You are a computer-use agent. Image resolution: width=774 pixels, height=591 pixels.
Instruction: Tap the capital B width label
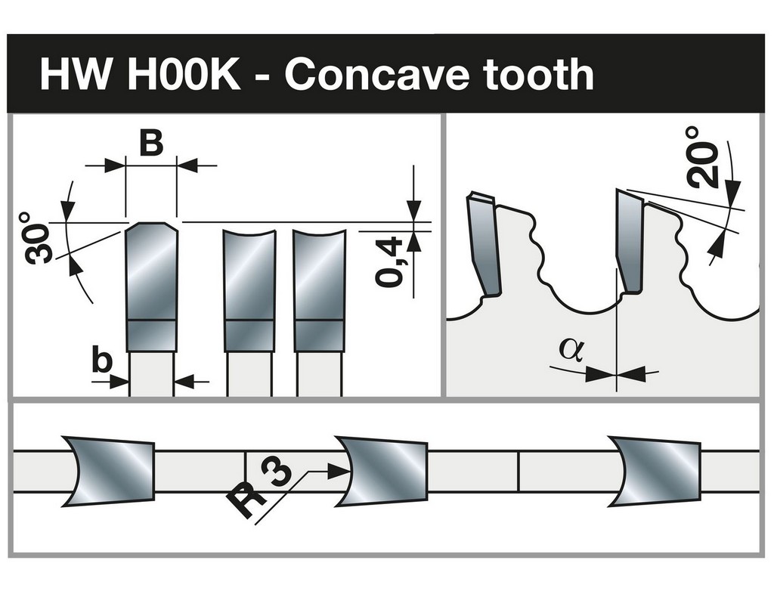(x=150, y=144)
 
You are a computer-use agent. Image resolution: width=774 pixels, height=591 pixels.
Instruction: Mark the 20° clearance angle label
(x=701, y=158)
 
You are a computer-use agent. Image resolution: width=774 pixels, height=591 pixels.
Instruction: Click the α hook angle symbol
(x=571, y=348)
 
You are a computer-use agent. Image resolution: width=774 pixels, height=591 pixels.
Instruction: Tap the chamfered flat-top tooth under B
(x=151, y=287)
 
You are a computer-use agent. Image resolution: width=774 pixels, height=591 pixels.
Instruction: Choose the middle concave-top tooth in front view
(x=249, y=291)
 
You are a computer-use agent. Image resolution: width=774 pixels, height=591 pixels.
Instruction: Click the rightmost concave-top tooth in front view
(x=320, y=291)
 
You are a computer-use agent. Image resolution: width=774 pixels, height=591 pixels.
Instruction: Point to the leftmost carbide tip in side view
(x=485, y=244)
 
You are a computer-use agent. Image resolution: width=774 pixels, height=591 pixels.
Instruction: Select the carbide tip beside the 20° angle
(x=630, y=241)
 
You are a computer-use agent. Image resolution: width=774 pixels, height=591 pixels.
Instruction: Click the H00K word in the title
(x=184, y=74)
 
